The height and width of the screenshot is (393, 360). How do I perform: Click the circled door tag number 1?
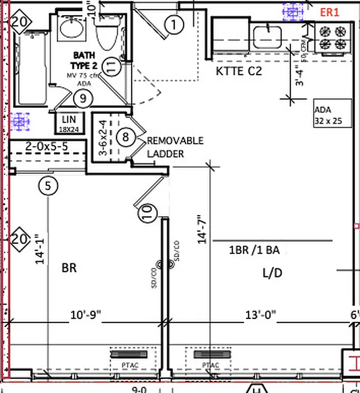[174, 23]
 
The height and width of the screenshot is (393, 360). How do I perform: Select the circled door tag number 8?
[125, 137]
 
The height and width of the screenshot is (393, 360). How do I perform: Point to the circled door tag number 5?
[48, 186]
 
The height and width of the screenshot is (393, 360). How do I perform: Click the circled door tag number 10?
[150, 212]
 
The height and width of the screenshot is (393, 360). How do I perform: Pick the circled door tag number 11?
[113, 67]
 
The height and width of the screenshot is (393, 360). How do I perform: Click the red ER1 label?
[330, 13]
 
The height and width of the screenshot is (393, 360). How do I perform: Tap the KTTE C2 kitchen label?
[239, 71]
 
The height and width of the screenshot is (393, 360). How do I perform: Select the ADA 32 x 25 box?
[333, 114]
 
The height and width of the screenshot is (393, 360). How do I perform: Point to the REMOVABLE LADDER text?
[175, 147]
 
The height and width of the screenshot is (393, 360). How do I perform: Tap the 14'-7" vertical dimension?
[203, 228]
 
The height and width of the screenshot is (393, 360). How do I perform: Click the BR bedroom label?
[69, 268]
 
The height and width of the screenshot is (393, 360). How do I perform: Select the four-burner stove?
[332, 37]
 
